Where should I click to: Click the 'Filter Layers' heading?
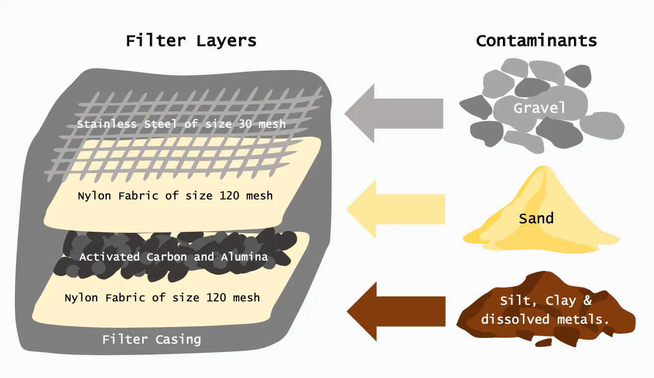coord(191,40)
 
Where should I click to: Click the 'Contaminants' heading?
coord(536,40)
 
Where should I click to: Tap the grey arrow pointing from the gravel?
coord(393,113)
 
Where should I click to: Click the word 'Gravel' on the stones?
coord(539,108)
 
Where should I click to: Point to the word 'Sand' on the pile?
coord(536,218)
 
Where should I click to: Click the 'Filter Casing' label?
coord(152,340)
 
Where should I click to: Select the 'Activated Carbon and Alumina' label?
coord(173,257)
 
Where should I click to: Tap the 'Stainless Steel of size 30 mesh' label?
coord(181,124)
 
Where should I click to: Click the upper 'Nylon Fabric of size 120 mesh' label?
coord(175,196)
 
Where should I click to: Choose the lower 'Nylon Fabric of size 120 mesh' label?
coord(162,298)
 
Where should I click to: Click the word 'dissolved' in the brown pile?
coord(514,319)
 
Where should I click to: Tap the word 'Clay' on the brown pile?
coord(560,301)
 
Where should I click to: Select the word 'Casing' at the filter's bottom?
coord(177,340)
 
